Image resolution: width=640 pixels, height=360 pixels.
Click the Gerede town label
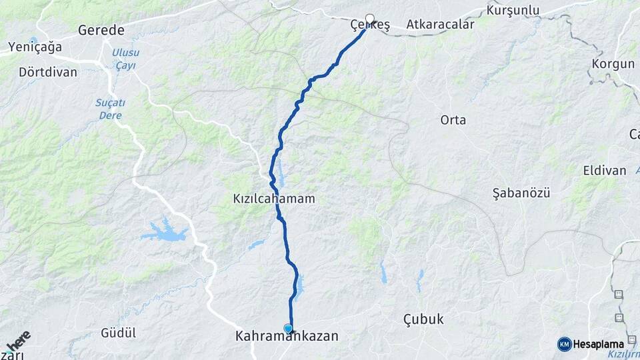101,30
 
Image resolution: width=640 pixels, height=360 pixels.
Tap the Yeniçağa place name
34,47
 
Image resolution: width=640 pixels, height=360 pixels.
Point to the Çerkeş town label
370,25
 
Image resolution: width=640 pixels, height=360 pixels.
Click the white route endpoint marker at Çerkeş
369,19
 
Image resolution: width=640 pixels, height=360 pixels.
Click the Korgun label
613,64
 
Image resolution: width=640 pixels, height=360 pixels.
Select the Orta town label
453,120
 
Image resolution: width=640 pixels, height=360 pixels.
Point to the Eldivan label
605,170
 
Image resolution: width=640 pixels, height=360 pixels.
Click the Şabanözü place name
521,193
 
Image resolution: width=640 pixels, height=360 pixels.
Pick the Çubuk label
423,319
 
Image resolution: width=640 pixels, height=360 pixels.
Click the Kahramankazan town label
287,337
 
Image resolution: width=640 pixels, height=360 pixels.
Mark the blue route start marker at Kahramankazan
288,328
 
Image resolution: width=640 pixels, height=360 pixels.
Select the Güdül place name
118,332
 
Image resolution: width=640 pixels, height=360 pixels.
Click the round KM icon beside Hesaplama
564,343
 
